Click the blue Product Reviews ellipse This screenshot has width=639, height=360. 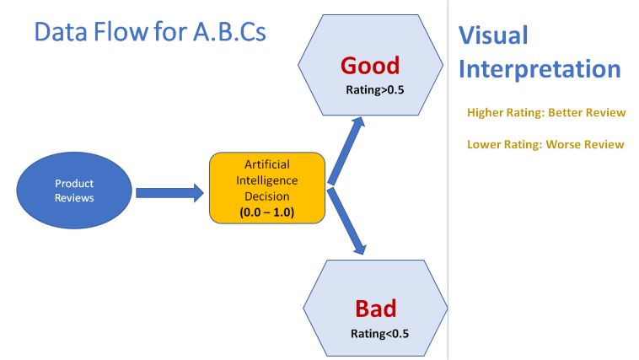74,190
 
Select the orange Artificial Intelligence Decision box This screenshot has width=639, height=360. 267,187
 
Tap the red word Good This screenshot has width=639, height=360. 369,65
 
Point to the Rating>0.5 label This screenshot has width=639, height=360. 375,88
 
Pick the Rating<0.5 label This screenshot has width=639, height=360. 379,333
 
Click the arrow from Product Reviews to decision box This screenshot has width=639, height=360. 169,193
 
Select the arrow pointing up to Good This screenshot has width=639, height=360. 346,149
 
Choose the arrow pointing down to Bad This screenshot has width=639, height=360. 347,221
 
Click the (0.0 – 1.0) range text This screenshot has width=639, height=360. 267,212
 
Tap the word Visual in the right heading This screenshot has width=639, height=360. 493,35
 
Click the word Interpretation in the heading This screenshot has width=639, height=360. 540,68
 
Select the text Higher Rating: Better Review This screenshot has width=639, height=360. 546,113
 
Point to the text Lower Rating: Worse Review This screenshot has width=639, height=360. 545,144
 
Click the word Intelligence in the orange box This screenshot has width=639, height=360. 267,180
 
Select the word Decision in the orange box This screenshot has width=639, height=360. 267,196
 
